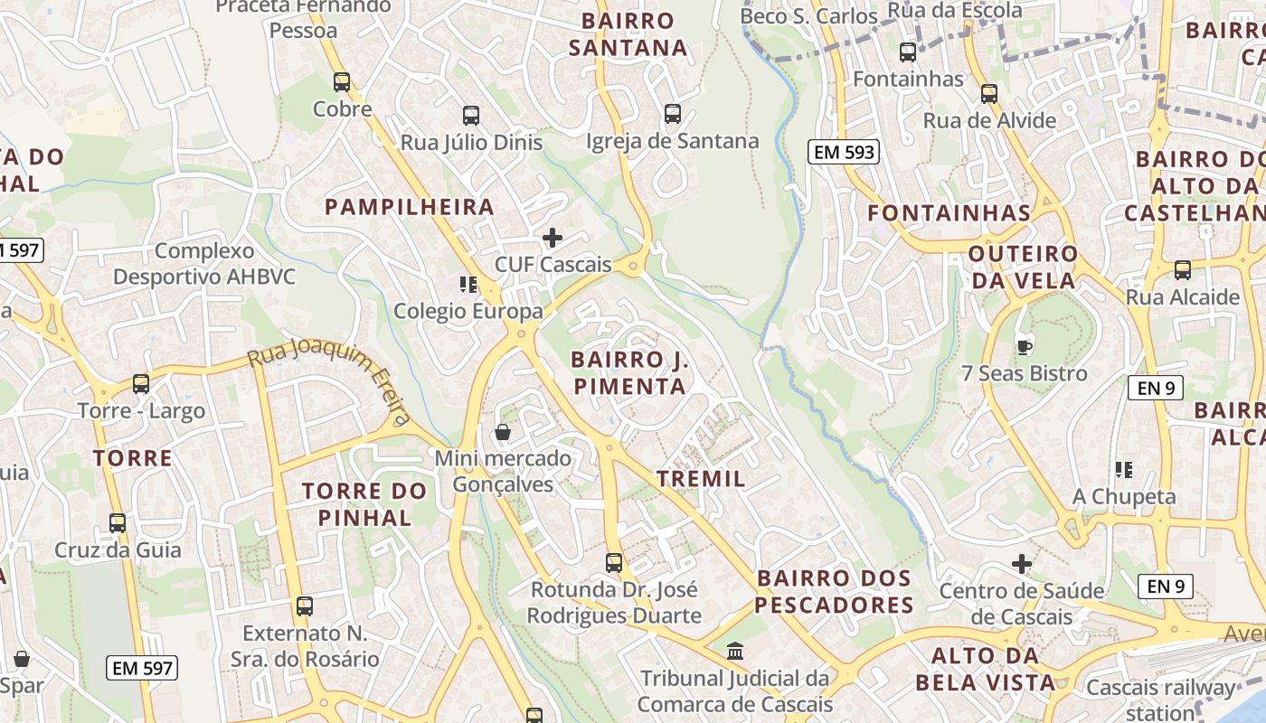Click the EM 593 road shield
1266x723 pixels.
click(845, 152)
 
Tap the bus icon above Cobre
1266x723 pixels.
click(342, 82)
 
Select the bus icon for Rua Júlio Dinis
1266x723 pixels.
click(471, 116)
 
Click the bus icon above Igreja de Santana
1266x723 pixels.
click(673, 114)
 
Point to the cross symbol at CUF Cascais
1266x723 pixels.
click(553, 238)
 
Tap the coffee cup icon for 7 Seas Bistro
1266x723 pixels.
click(1025, 346)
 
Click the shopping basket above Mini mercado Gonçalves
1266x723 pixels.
click(503, 432)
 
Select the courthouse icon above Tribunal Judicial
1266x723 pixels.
click(735, 651)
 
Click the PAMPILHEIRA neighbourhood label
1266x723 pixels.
click(410, 207)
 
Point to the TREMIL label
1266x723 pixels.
click(702, 479)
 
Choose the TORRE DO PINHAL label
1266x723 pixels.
click(364, 504)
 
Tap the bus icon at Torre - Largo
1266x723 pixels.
click(141, 384)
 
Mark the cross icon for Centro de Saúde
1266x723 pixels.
click(1022, 565)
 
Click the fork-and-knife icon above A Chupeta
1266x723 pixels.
click(1124, 470)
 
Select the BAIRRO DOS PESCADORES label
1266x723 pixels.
click(834, 591)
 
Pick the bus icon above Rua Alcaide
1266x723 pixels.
click(1183, 270)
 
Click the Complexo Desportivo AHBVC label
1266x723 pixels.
click(204, 263)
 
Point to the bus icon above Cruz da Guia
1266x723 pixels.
click(118, 523)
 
